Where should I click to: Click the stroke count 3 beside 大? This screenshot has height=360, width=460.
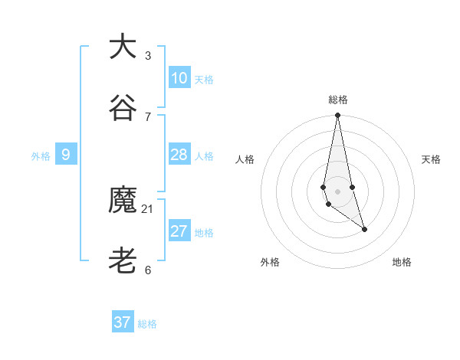coord(148,55)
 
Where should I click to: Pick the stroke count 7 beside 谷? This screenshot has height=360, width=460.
coord(148,116)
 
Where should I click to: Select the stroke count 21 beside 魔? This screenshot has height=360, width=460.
coord(148,208)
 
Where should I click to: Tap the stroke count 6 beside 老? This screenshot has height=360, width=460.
coord(148,270)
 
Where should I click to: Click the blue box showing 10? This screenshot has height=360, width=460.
coord(179,78)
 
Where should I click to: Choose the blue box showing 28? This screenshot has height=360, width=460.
coord(179,155)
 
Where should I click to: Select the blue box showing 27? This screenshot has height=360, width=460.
coord(179,231)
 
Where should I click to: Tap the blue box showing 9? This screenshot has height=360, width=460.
coord(66,155)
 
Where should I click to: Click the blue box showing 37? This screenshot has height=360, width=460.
coord(123,322)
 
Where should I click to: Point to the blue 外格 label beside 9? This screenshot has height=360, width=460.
coord(41,156)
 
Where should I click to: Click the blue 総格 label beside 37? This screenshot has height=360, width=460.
coord(147,324)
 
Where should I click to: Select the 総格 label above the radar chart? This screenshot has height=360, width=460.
coord(337,100)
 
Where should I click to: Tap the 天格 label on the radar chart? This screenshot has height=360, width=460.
coord(431,159)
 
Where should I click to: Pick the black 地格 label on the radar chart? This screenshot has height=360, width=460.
coord(402,262)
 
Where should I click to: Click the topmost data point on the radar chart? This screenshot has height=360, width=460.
coord(337,116)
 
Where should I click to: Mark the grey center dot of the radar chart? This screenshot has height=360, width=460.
coord(337,191)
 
